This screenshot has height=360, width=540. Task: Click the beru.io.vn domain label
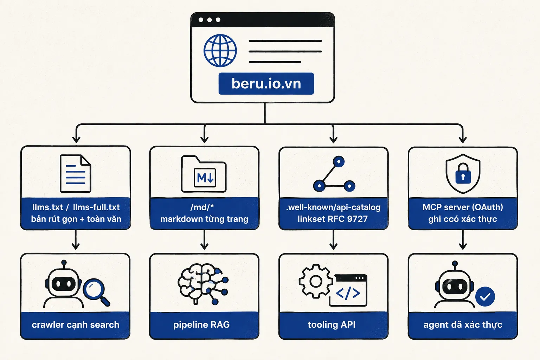click(266, 83)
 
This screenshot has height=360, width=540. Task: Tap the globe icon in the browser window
click(220, 50)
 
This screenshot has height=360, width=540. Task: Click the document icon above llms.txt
click(76, 173)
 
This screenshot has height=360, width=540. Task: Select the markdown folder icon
click(204, 174)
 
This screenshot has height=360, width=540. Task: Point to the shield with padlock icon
click(463, 174)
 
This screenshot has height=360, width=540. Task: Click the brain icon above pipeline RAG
click(203, 284)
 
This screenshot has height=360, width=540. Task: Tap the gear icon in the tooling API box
click(316, 281)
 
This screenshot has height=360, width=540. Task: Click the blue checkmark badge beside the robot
click(485, 297)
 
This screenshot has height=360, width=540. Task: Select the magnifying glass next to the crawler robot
click(96, 292)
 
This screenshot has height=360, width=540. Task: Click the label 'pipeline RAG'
click(201, 324)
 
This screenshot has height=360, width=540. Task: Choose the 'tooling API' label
click(332, 324)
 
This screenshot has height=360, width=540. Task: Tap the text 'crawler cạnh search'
click(76, 325)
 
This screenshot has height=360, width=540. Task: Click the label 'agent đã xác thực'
click(463, 325)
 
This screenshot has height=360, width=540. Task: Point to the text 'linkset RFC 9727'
click(333, 219)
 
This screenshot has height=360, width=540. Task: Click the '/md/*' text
click(202, 207)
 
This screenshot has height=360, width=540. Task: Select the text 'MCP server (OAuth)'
click(463, 207)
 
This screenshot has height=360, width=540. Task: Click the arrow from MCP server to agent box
click(463, 240)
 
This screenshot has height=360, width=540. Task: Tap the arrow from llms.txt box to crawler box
click(76, 240)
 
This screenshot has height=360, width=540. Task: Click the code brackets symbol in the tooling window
click(348, 294)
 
